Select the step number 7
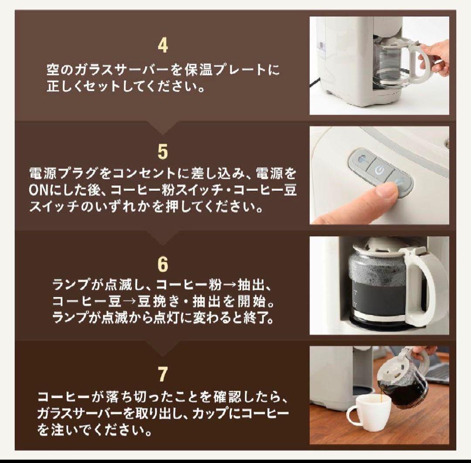pyautogui.click(x=162, y=374)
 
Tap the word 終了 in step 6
pyautogui.click(x=261, y=318)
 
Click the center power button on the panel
pyautogui.click(x=378, y=169)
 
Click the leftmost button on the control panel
pyautogui.click(x=360, y=160)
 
